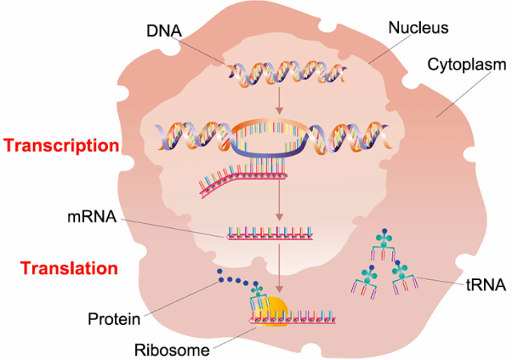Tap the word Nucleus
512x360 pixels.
pyautogui.click(x=418, y=28)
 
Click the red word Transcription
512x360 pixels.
pyautogui.click(x=61, y=146)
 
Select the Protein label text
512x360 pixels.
pyautogui.click(x=114, y=320)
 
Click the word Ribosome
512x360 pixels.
pyautogui.click(x=171, y=350)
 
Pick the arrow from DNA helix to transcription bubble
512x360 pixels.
pyautogui.click(x=278, y=101)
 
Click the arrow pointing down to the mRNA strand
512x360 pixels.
pyautogui.click(x=278, y=207)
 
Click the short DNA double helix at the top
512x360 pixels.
pyautogui.click(x=278, y=74)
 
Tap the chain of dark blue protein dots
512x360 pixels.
pyautogui.click(x=235, y=284)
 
